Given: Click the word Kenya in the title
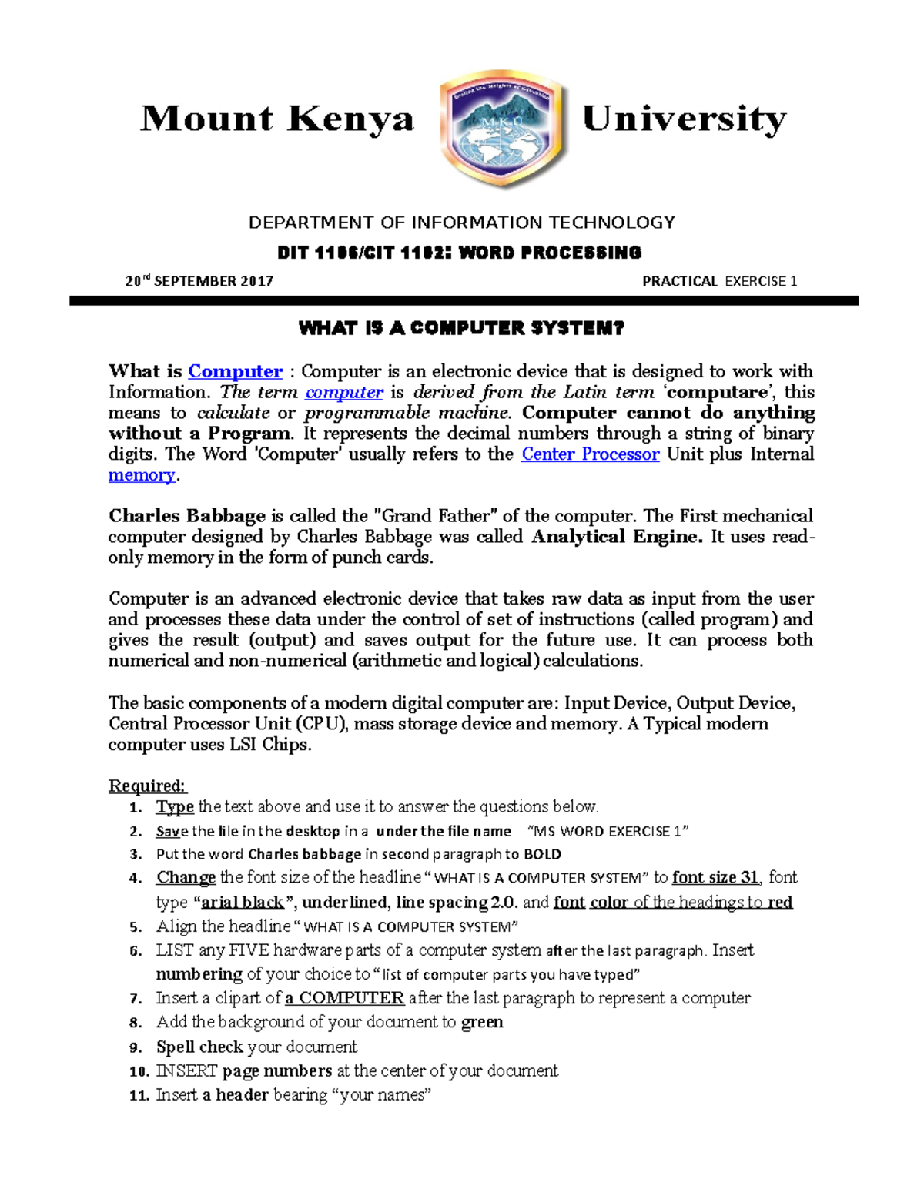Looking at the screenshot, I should [351, 119].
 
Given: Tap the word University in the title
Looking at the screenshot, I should [684, 119].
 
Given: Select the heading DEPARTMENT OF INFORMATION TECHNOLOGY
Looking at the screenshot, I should [461, 223].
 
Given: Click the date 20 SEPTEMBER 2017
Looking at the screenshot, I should [199, 281].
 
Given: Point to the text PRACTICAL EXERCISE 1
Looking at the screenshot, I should [719, 281].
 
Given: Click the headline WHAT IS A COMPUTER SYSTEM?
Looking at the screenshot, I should [461, 329].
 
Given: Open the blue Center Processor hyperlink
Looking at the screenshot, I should [590, 454].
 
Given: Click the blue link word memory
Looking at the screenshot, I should [142, 475].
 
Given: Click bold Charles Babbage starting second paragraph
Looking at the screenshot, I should [186, 516].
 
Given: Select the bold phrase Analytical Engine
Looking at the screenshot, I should [617, 537].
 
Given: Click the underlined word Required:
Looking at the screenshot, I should [147, 786].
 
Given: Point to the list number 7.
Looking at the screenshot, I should [136, 999].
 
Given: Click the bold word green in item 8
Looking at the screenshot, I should [482, 1022].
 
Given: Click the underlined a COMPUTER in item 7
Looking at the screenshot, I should [344, 998].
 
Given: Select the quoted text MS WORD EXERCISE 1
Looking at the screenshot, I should [608, 831].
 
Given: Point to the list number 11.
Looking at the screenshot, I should [139, 1095].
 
